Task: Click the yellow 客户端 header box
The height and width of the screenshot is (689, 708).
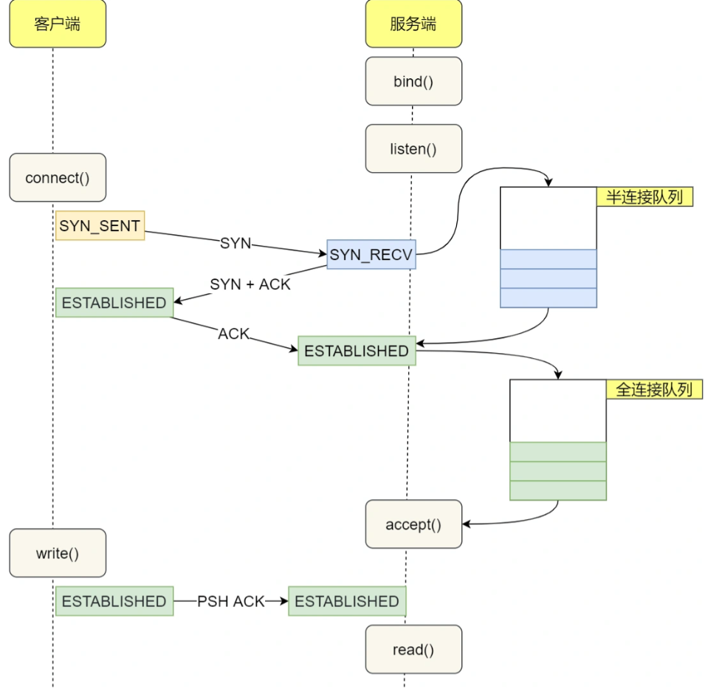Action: coord(58,24)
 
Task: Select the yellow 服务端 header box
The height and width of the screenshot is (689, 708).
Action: coord(413,24)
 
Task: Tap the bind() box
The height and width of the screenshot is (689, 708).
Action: coord(413,81)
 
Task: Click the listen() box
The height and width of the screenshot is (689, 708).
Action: coord(413,148)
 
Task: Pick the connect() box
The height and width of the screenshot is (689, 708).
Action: coord(58,178)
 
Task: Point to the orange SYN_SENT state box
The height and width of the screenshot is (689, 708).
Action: coord(100,225)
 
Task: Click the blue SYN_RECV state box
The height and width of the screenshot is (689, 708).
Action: coord(371,255)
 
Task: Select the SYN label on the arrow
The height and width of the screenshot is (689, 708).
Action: coord(236,243)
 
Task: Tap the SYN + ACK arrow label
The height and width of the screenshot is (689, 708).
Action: coord(250,284)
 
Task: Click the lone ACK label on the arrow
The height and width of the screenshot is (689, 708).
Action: coord(234,334)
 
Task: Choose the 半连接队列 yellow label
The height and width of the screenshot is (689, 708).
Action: coord(645,196)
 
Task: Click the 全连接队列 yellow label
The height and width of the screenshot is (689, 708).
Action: coord(654,389)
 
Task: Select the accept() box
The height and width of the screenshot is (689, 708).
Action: coord(413,524)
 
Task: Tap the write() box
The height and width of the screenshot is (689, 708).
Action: coord(58,553)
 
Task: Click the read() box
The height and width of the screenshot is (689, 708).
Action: coord(413,650)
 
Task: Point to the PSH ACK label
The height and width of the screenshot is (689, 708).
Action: coord(230,601)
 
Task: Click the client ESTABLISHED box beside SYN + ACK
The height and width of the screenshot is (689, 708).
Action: coord(114,303)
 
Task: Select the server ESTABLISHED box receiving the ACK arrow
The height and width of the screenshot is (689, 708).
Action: coord(357,351)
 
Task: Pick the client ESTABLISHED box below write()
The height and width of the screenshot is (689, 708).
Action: coord(114,601)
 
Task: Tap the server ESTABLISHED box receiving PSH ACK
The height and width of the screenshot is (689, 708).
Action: coord(347,601)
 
